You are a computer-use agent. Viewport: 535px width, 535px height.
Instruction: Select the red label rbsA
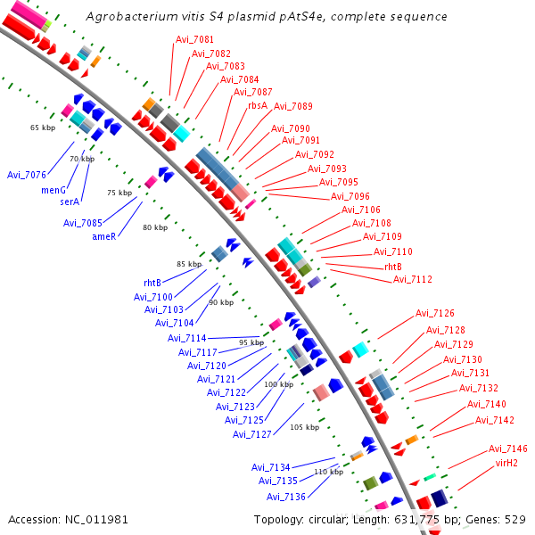point(258,104)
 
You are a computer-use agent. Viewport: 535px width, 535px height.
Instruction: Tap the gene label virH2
point(506,463)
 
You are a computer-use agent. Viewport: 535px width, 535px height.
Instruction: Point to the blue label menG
point(54,190)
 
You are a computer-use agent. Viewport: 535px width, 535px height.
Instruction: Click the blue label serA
point(70,202)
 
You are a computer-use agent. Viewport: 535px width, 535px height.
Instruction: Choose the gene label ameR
point(104,236)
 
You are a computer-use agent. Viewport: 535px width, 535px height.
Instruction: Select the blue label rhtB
point(158,284)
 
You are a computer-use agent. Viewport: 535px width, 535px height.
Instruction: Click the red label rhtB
point(393,267)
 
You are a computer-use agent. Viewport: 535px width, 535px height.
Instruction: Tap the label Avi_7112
point(413,279)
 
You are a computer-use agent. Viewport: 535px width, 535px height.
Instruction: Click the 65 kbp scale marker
point(43,128)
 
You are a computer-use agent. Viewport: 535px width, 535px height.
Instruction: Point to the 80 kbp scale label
point(155,227)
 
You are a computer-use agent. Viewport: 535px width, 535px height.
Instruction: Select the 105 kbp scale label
point(305,427)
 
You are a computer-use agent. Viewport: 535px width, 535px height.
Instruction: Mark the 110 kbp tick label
point(328,472)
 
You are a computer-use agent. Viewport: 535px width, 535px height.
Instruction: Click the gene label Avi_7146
point(508,449)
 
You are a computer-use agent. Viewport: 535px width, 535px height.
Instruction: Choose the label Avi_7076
point(27,174)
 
